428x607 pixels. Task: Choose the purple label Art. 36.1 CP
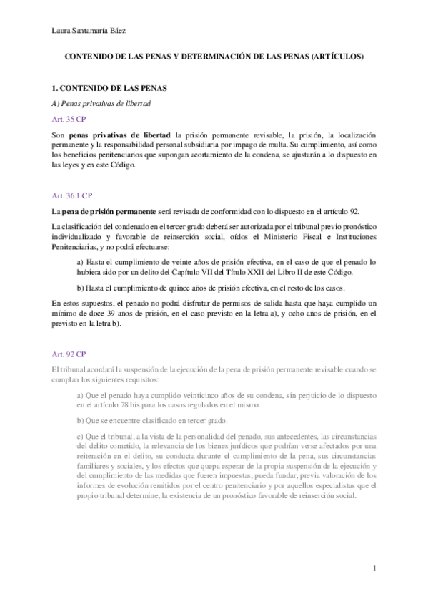pos(71,195)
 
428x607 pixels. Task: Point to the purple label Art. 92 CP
pos(69,354)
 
